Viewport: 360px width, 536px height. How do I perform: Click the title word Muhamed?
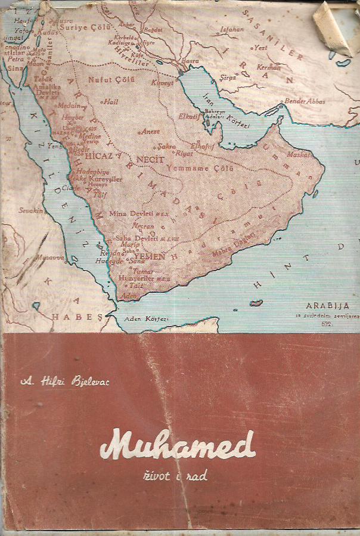(x=177, y=444)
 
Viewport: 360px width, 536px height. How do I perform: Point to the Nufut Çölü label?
(x=108, y=78)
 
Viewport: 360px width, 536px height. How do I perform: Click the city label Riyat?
(x=183, y=153)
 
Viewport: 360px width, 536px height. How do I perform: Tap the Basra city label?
(x=191, y=60)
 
